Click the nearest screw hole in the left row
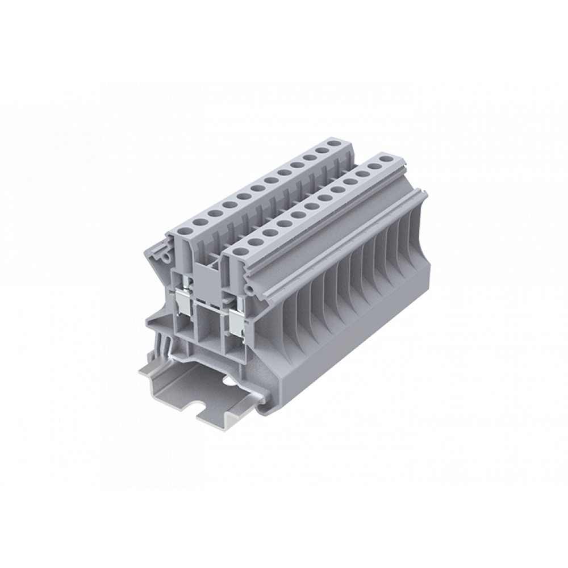pyautogui.click(x=184, y=232)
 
